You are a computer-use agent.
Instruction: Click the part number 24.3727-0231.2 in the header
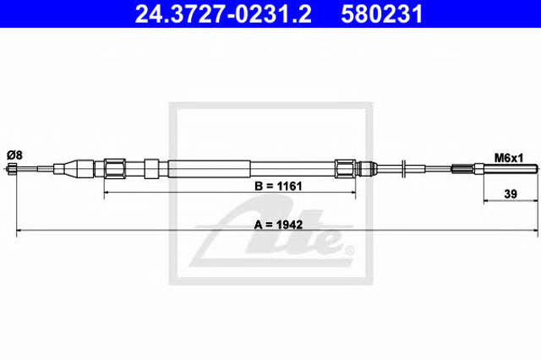223,14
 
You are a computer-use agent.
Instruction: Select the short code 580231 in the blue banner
381,14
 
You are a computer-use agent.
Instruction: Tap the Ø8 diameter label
14,155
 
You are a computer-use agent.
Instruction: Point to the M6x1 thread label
509,158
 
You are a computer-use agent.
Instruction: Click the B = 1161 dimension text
278,186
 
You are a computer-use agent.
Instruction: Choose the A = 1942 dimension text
278,225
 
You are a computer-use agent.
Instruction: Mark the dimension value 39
511,194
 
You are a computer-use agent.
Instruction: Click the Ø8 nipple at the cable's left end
11,169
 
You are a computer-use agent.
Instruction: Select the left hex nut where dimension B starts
115,169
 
